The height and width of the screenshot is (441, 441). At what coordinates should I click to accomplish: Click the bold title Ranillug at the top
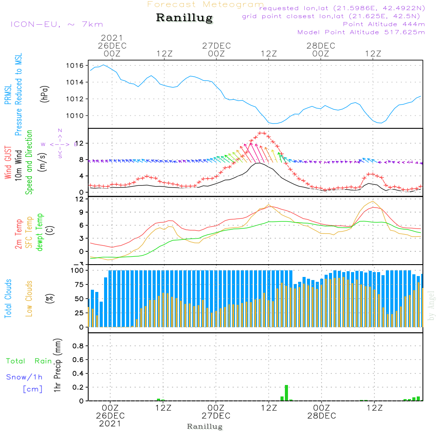point(184,18)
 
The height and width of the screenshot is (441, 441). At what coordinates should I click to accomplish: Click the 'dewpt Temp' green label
point(40,232)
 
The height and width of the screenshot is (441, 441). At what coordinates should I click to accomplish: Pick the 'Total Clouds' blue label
point(8,298)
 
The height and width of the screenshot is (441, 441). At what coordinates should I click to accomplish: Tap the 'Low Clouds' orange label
point(29,298)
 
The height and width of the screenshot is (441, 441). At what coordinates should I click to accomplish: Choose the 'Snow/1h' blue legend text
point(25,377)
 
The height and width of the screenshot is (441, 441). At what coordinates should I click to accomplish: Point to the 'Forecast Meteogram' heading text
point(206,4)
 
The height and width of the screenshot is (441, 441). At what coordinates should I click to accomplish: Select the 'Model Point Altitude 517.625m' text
point(361,32)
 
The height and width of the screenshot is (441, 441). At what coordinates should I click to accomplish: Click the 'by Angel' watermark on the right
point(431,306)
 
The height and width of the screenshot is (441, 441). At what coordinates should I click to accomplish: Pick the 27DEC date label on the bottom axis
point(216,416)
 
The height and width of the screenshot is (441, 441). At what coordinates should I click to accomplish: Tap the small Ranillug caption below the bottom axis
point(205,426)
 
